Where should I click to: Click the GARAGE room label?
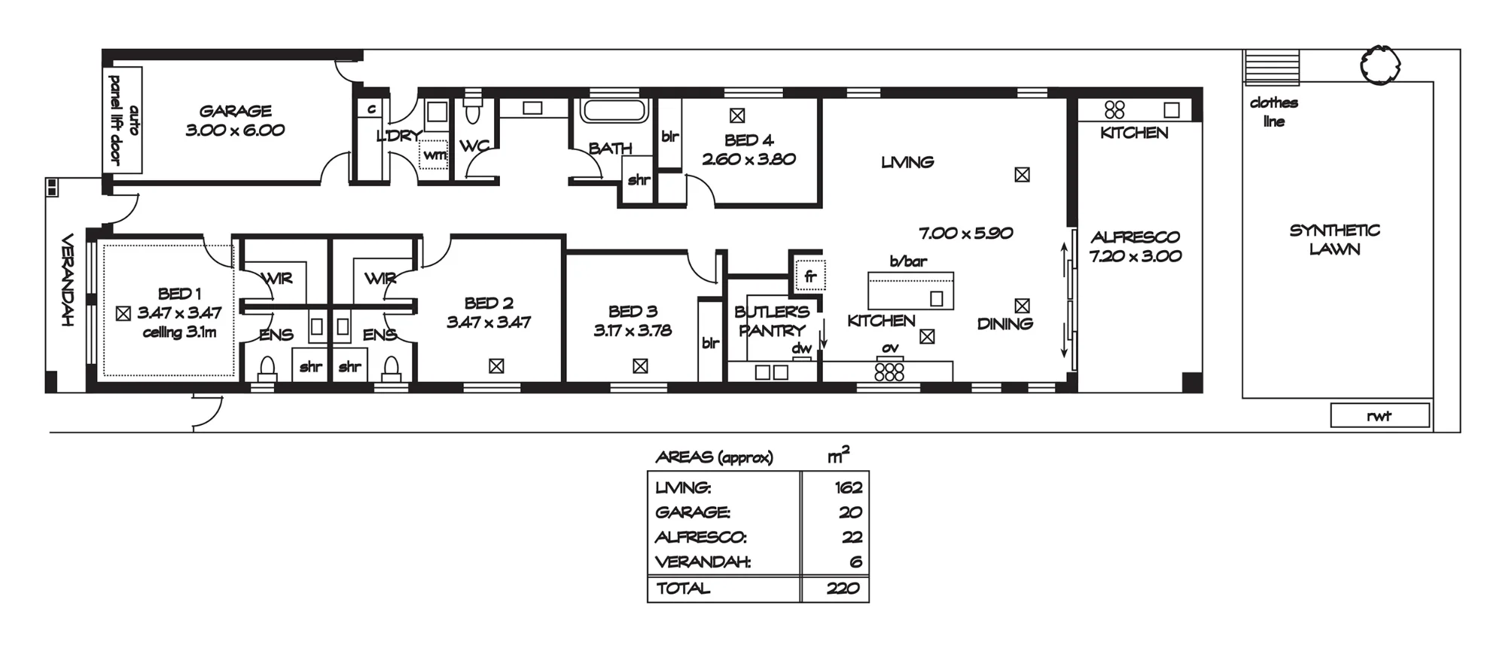click(x=235, y=111)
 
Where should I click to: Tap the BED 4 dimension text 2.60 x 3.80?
click(x=748, y=159)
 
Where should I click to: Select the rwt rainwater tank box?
click(x=1379, y=415)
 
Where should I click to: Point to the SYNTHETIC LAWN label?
click(x=1334, y=240)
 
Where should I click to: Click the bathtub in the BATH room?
click(x=614, y=111)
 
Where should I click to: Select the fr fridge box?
click(x=810, y=276)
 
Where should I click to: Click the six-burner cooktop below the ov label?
click(x=889, y=371)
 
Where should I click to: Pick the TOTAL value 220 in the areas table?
click(x=843, y=588)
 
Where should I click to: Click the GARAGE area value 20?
click(x=850, y=512)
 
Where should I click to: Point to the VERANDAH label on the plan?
click(x=66, y=280)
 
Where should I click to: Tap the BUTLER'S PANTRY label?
click(x=772, y=321)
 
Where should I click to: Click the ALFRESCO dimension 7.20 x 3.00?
click(x=1135, y=256)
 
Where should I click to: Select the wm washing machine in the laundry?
click(x=434, y=154)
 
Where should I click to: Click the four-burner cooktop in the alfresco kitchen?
click(x=1114, y=110)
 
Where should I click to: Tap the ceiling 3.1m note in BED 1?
click(x=179, y=332)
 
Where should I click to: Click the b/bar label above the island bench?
click(x=908, y=261)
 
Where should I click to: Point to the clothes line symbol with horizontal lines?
click(x=1271, y=67)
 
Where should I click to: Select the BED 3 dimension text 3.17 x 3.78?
click(x=633, y=330)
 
